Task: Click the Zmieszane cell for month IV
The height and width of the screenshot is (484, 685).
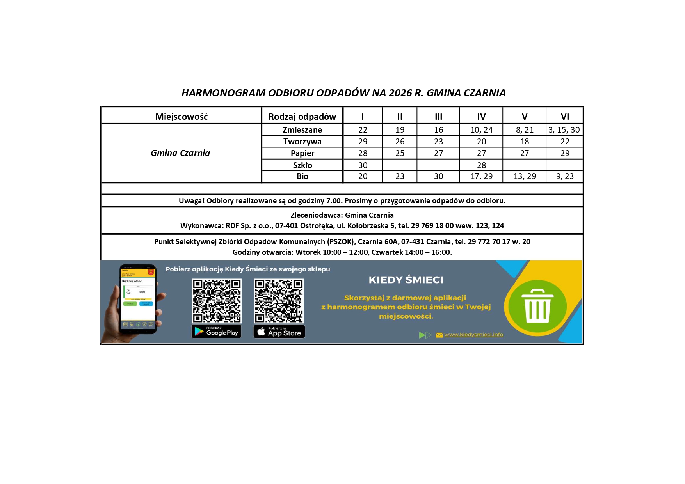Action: coord(481,130)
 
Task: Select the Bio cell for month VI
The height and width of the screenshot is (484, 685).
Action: coord(565,176)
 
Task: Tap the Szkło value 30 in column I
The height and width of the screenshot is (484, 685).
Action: coord(363,165)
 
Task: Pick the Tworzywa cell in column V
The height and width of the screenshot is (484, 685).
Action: coord(524,142)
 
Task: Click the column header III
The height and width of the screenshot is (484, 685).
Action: coord(438,117)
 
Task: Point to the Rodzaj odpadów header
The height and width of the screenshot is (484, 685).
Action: coord(302,117)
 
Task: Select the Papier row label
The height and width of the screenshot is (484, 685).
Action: coord(302,153)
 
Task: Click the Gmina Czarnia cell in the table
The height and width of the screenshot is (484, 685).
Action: coord(180,153)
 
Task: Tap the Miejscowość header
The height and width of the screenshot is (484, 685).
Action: coord(181,117)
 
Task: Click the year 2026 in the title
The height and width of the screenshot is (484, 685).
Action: coord(400,93)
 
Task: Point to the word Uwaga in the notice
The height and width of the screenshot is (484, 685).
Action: coord(191,201)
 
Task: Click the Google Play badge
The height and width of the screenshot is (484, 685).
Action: coord(216,332)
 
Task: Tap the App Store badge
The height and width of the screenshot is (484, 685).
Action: coord(279,332)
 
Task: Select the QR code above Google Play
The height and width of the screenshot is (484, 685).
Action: coord(217,301)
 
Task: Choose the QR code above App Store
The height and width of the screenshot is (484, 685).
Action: coord(279,301)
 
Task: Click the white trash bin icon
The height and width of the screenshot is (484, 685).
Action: coord(537,306)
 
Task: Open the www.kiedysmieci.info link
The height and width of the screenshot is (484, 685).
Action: coord(473,335)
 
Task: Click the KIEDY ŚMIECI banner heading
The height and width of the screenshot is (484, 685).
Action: coord(406,280)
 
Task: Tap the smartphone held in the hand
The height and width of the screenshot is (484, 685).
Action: coord(138,299)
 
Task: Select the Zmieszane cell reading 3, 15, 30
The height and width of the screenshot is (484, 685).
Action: coord(564,130)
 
